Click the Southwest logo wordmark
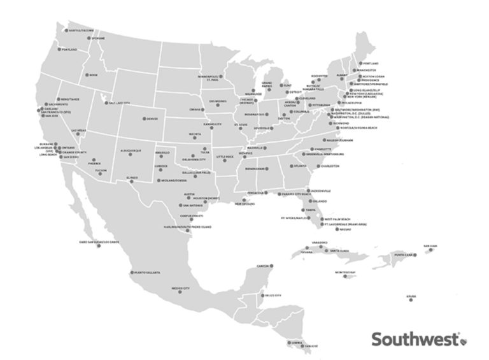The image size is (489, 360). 415,338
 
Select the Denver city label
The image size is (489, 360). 152,119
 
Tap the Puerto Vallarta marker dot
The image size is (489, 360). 131,273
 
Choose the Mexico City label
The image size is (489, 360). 181,289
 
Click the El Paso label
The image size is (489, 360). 132,177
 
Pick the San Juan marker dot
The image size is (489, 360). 433,250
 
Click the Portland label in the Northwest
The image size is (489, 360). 69,49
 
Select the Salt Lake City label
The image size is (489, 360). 119,102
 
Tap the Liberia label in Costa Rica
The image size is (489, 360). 295,342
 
